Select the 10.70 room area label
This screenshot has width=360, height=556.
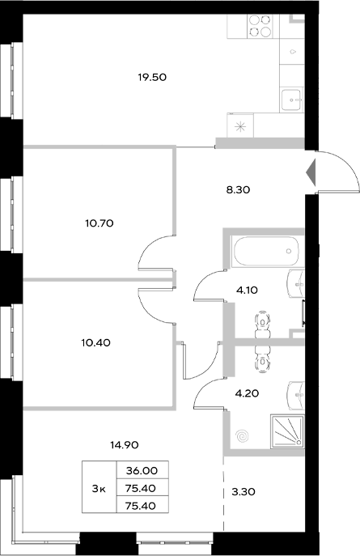click(x=96, y=221)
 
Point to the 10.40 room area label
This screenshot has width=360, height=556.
click(x=96, y=342)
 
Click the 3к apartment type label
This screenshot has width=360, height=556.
click(x=99, y=488)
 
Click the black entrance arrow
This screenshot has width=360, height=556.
click(x=310, y=172)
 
